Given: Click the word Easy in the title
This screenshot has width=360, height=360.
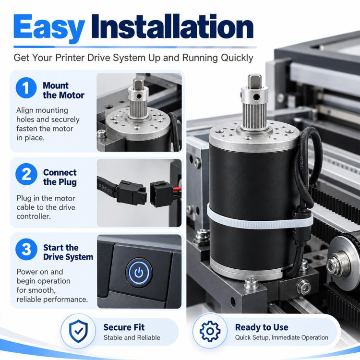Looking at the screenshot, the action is [49, 28].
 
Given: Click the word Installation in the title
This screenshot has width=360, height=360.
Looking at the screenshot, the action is [172, 26].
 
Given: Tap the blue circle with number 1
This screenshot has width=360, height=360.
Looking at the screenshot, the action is [26, 88].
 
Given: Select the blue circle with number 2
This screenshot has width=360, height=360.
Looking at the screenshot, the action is [26, 174].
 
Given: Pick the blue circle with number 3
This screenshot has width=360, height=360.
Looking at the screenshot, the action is [26, 249].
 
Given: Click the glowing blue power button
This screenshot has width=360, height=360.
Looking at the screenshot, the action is [139, 273].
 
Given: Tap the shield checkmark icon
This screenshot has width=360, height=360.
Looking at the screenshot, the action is [78, 331].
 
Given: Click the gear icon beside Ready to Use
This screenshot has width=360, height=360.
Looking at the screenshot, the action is [210, 331].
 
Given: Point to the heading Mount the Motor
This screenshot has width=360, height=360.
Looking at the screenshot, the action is [63, 90].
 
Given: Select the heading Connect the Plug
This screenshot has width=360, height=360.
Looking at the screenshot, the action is [60, 177].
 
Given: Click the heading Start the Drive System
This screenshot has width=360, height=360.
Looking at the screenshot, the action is [68, 252].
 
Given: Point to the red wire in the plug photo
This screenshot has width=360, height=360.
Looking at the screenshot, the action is [177, 189].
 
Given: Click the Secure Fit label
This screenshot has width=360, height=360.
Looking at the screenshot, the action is [124, 327].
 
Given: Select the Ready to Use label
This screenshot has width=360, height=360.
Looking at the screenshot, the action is [262, 327].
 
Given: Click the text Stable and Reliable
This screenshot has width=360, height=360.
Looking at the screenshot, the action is [132, 337].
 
